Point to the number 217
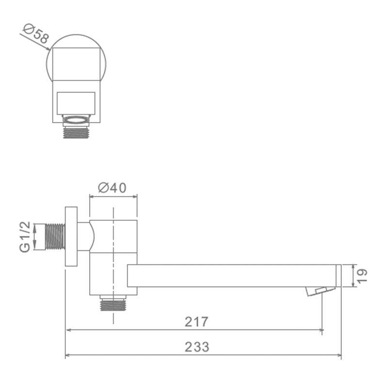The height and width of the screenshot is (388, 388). tap(196, 322)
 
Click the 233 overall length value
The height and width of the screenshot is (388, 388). tap(197, 347)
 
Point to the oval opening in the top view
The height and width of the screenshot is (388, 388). tap(76, 119)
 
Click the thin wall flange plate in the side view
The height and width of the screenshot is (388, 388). tap(71, 236)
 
